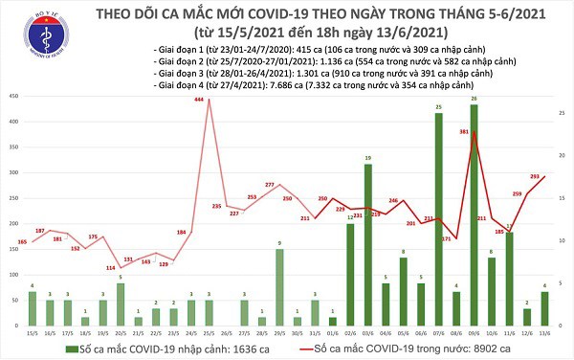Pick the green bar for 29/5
279,287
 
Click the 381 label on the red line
462,131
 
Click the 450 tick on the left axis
11,97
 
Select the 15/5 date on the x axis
33,332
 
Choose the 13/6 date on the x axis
544,332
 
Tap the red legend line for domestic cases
305,349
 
